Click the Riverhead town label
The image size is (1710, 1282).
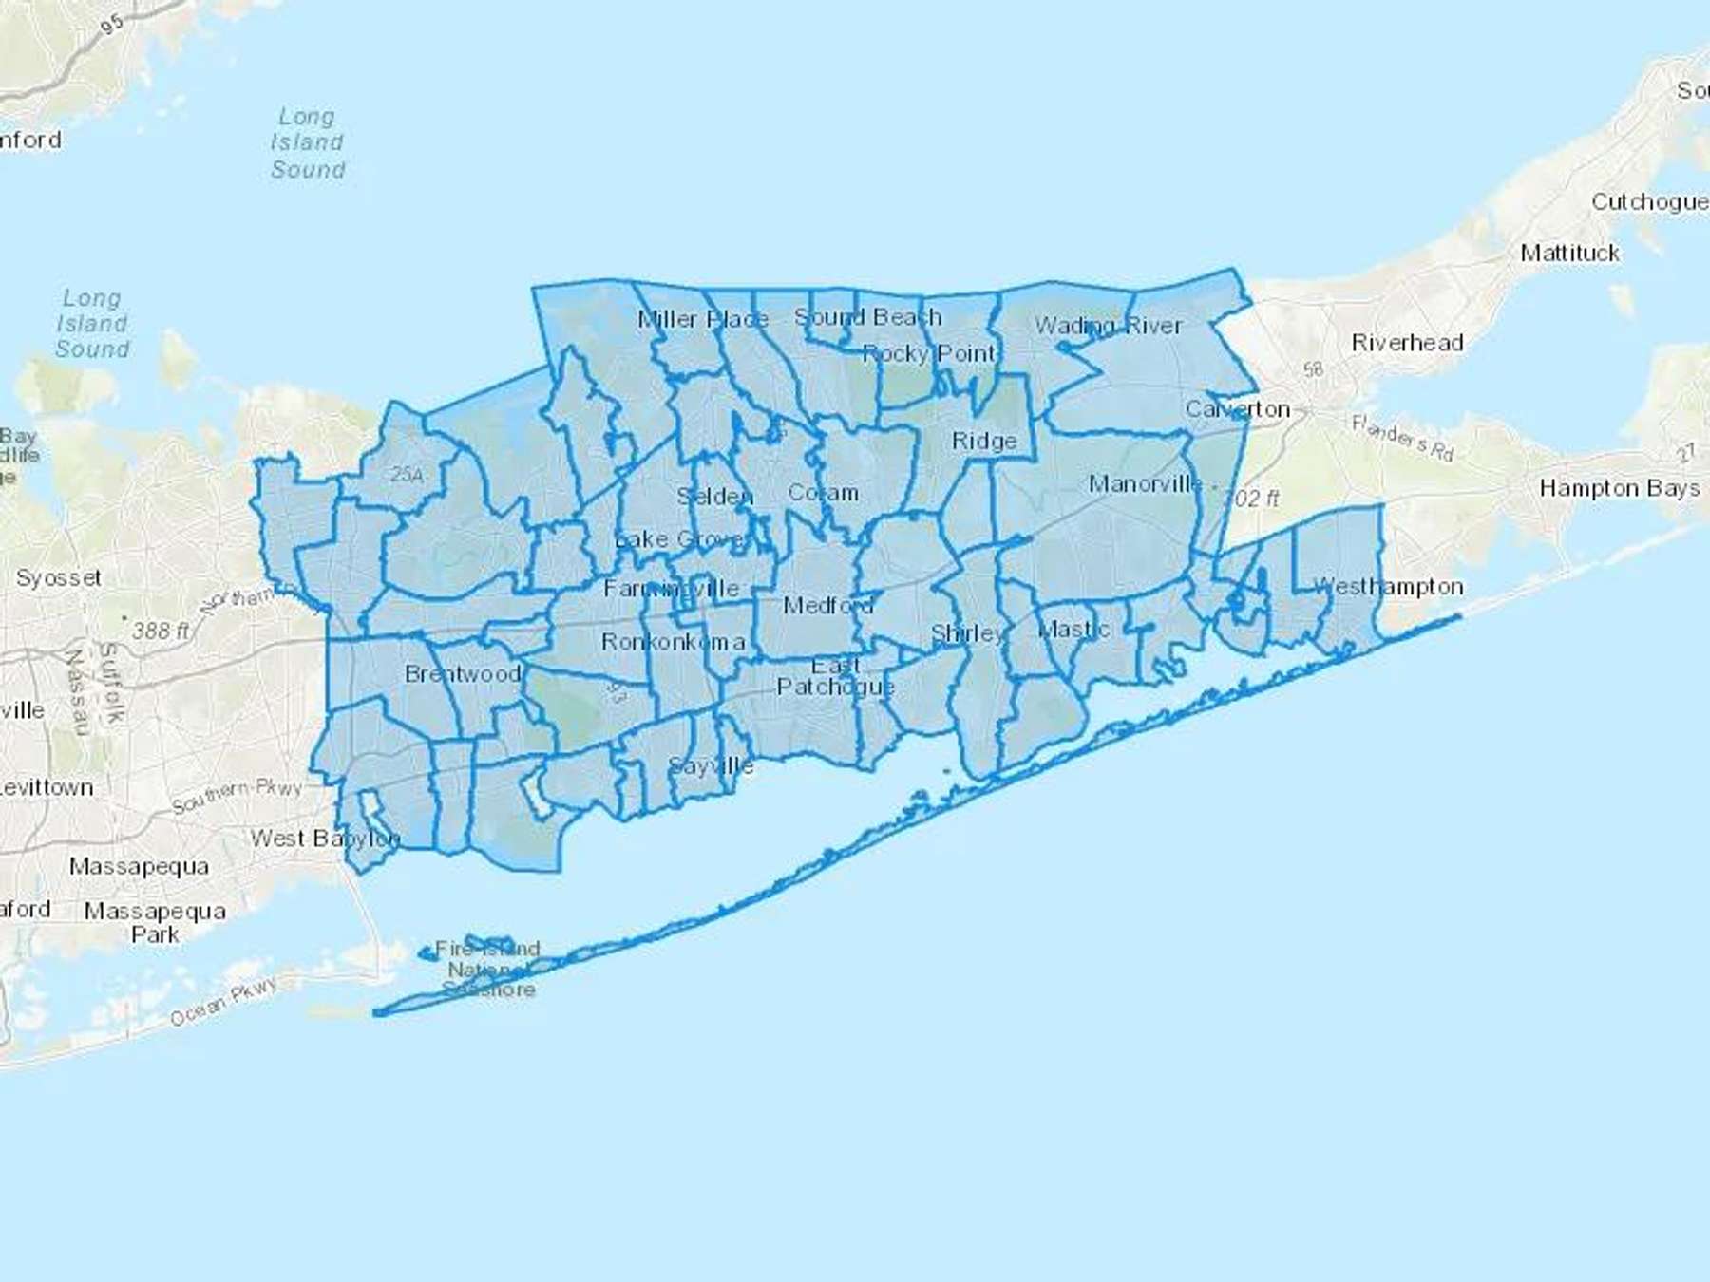(x=1407, y=343)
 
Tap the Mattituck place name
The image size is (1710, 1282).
(x=1569, y=253)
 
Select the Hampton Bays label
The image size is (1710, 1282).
(x=1619, y=488)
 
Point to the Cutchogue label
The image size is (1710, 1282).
(x=1648, y=201)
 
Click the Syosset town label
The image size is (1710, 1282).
(x=58, y=577)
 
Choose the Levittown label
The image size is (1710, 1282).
(x=47, y=787)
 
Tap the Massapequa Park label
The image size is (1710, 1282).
(x=155, y=923)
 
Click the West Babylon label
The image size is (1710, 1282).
(x=325, y=839)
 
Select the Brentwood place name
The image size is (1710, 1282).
(x=463, y=674)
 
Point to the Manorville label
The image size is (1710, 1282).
(x=1146, y=484)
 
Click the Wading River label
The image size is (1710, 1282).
(x=1108, y=326)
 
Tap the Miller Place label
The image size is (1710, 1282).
(x=703, y=319)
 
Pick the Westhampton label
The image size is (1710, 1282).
(x=1388, y=587)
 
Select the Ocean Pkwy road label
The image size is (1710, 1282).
(x=224, y=1001)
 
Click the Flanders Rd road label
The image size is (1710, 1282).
(x=1402, y=438)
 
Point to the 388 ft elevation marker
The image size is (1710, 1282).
(x=161, y=631)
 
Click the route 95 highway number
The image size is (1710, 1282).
(x=112, y=24)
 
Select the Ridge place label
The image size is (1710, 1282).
(x=984, y=442)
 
